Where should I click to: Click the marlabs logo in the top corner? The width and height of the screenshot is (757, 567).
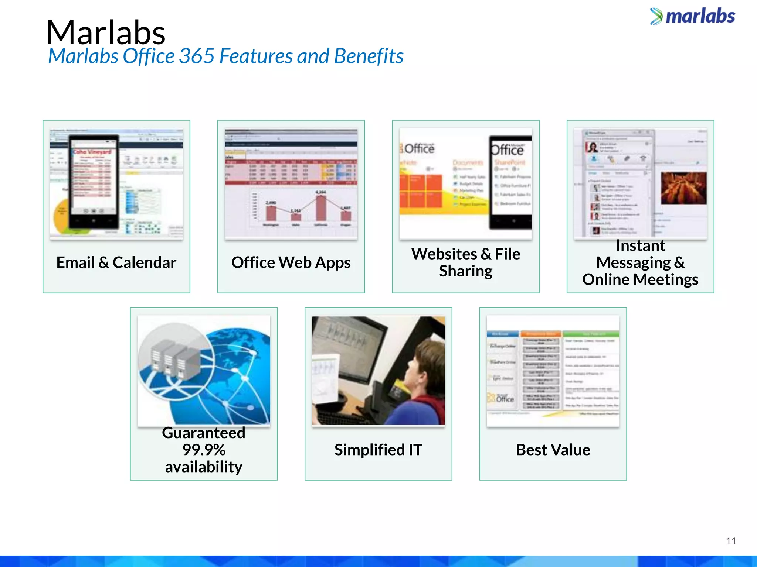(x=693, y=17)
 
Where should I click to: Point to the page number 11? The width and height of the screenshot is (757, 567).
(x=731, y=541)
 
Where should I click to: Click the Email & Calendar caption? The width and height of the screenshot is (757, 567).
(x=116, y=262)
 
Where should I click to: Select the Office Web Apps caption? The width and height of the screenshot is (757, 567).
(x=291, y=262)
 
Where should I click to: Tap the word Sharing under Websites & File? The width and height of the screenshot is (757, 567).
(x=465, y=271)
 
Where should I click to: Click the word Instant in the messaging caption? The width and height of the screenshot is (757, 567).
(x=640, y=245)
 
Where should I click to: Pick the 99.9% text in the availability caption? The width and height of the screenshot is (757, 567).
(x=204, y=450)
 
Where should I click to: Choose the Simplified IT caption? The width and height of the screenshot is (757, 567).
(x=378, y=450)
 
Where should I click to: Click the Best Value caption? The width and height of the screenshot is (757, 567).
(x=553, y=450)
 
